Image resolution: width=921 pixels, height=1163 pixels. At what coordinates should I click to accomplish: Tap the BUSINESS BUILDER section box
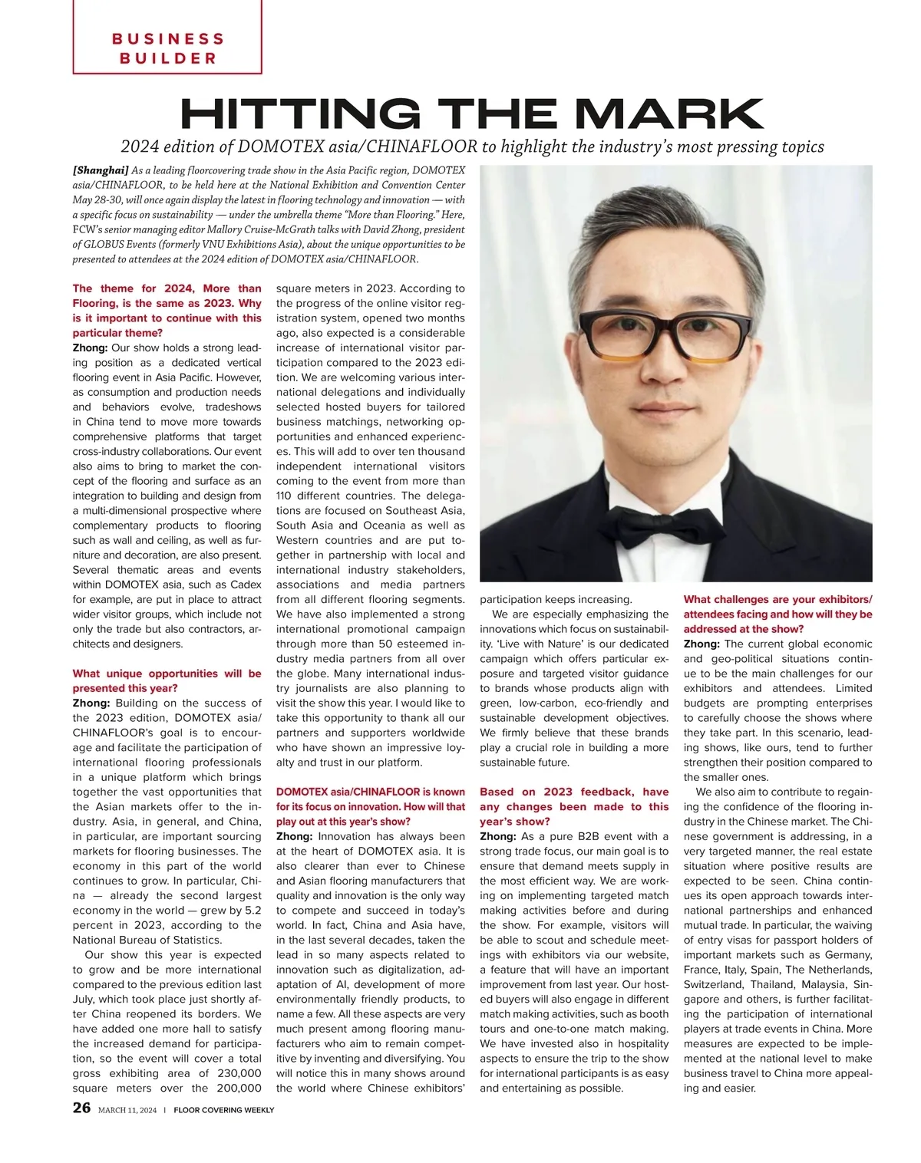(x=167, y=48)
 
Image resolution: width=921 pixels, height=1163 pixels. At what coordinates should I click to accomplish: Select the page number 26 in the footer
(x=81, y=1108)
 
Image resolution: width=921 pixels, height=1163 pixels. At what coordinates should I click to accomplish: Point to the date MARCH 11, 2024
(x=127, y=1110)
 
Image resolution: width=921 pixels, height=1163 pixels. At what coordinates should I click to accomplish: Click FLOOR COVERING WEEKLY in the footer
(x=223, y=1110)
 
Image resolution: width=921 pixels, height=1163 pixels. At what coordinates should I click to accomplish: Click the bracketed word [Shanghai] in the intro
(x=100, y=170)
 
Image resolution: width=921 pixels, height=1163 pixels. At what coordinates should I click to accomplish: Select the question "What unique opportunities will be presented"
(x=167, y=680)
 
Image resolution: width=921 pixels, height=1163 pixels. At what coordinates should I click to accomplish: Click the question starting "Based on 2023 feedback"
(x=573, y=806)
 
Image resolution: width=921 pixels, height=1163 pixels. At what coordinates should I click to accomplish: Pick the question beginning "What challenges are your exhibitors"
(x=777, y=614)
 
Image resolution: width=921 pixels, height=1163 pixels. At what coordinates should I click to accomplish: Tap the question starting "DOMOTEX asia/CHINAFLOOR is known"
(x=370, y=806)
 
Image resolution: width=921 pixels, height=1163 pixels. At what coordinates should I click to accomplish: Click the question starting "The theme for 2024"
(x=167, y=310)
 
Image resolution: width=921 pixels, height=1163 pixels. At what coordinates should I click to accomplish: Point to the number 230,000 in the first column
(x=235, y=1073)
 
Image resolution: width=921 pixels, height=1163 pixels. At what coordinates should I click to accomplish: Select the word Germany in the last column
(x=847, y=955)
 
